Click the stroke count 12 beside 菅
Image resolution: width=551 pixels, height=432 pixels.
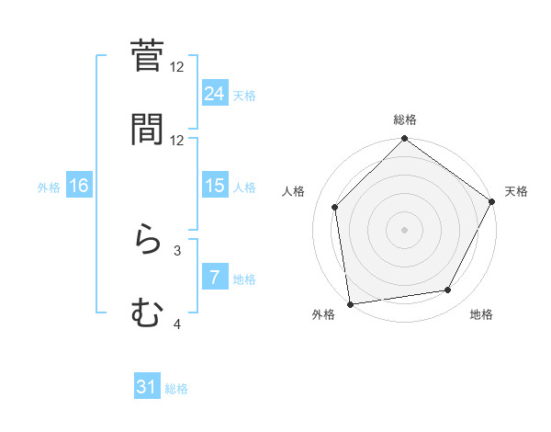(177, 67)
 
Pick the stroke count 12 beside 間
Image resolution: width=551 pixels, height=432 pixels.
(177, 141)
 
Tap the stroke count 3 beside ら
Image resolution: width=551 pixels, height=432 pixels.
(177, 250)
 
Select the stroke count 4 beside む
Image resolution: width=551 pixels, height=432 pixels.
(177, 324)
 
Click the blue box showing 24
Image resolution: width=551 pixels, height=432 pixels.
(215, 93)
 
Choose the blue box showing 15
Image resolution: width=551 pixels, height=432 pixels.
(215, 186)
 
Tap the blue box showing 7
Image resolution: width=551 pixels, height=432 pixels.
(215, 278)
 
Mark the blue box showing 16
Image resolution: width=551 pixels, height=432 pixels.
(79, 186)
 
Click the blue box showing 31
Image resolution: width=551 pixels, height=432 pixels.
(147, 388)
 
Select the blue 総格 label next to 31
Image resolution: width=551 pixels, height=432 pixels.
(176, 389)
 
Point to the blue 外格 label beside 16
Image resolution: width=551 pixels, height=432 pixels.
(49, 187)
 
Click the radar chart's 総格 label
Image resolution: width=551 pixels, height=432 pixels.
(405, 119)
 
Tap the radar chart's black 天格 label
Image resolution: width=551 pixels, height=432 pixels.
(516, 191)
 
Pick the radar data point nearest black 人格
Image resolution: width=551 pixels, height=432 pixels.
(335, 207)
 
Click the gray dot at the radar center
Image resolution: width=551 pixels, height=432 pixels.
(405, 229)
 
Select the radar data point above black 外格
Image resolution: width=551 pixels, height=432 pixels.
(350, 303)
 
